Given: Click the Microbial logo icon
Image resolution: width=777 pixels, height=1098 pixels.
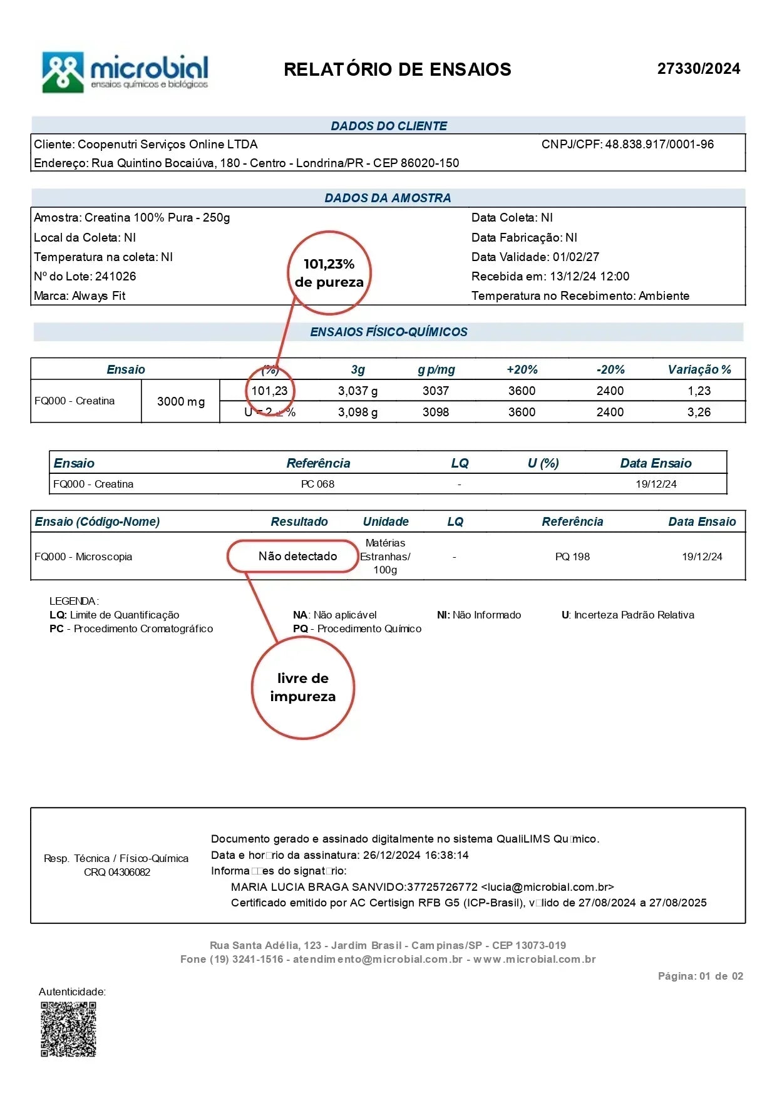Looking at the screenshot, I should [x=63, y=72].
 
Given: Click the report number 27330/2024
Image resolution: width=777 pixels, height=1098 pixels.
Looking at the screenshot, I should [x=698, y=69].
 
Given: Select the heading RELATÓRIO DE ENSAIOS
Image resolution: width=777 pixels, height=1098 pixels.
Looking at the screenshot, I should [x=397, y=69].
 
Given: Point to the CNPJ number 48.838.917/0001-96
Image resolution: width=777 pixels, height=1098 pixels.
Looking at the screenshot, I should [x=659, y=145].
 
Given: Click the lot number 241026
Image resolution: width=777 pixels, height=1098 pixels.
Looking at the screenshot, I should [x=115, y=277].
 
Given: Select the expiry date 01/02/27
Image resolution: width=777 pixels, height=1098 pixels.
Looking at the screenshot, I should [x=575, y=257].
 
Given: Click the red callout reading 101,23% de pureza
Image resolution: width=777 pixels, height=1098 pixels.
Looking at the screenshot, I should [x=329, y=273].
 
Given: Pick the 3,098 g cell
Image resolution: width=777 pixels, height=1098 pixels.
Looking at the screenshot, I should [x=358, y=413].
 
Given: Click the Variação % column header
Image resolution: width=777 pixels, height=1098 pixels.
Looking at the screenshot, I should [x=699, y=370].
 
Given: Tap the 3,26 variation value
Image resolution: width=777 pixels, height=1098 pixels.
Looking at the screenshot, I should [x=699, y=413].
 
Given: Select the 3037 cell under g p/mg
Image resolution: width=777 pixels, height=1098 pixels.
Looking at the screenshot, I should [x=435, y=391].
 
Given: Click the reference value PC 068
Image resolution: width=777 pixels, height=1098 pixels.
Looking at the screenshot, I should [x=317, y=485].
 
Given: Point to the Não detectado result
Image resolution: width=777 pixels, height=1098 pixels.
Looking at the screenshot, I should [x=297, y=557].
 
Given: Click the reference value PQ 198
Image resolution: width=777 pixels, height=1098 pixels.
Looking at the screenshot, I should [x=572, y=557].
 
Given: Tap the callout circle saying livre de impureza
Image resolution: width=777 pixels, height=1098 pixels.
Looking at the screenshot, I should [x=303, y=687].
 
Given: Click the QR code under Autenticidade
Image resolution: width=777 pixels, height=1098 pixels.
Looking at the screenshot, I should [x=68, y=1029].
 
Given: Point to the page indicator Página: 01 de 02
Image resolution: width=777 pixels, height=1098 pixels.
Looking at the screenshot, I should [x=700, y=976].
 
